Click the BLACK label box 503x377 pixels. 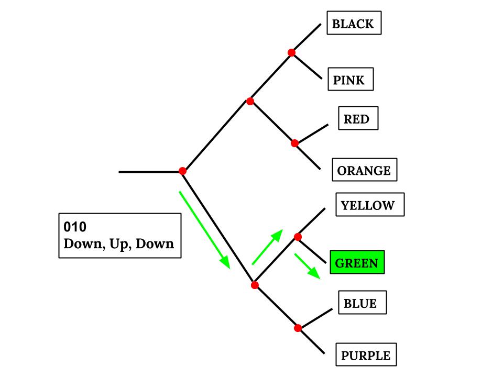(x=354, y=24)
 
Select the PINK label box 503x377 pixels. (x=350, y=80)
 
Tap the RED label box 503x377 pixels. (x=358, y=119)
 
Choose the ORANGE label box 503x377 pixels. (x=364, y=170)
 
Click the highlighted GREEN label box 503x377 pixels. (x=357, y=262)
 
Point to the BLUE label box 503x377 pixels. (x=362, y=303)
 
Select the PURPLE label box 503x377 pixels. (x=366, y=356)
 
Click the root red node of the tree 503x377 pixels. (x=182, y=171)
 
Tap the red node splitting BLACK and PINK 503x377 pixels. (x=292, y=52)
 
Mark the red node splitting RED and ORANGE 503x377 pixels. (x=294, y=143)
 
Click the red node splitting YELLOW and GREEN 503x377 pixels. (x=298, y=237)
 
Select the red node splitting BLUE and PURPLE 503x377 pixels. (x=298, y=328)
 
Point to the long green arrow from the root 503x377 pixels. (x=204, y=229)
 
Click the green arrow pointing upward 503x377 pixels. (x=267, y=247)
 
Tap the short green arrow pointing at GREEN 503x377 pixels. (x=307, y=265)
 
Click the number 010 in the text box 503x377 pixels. (x=75, y=227)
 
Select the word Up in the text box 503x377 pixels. (x=119, y=244)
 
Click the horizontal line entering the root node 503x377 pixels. (x=149, y=172)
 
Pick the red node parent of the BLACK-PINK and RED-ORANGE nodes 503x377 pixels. (x=250, y=101)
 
